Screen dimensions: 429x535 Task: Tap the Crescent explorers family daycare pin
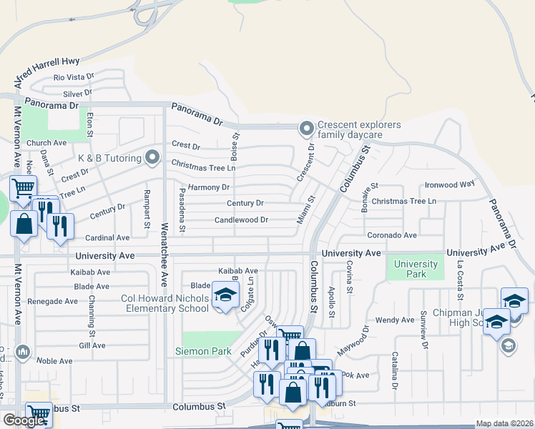point(307,129)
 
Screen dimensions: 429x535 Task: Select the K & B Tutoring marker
point(152,157)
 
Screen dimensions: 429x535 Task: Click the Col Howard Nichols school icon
point(225,296)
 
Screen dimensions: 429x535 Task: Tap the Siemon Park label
point(204,351)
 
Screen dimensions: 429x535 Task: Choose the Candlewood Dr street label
point(241,220)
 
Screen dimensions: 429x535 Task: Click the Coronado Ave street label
point(391,235)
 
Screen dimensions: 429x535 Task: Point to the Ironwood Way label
point(450,184)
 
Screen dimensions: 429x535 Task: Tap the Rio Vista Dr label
point(74,77)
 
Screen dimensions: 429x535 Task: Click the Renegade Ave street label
point(52,301)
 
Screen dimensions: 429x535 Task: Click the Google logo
point(24,420)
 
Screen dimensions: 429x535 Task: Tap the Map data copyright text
point(504,423)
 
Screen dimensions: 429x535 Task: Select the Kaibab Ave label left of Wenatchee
point(89,272)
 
